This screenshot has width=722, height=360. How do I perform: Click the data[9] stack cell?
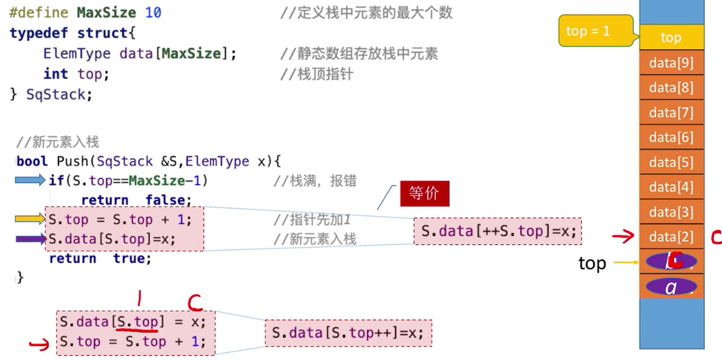point(671,63)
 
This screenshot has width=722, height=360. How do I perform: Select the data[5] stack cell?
point(671,163)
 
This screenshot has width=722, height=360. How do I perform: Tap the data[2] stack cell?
point(671,237)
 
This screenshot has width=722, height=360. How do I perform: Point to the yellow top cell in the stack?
point(671,38)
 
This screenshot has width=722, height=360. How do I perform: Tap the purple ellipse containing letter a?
point(671,286)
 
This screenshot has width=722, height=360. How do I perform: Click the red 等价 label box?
point(424,194)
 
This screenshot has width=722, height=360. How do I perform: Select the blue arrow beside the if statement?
point(30,180)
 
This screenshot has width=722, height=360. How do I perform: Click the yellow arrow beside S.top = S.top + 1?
point(30,219)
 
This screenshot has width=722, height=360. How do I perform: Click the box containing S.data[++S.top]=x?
point(498,231)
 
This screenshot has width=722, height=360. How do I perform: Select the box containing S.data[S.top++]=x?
point(348,333)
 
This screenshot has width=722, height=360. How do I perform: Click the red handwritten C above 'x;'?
point(195,303)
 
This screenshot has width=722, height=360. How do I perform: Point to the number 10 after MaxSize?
point(153,13)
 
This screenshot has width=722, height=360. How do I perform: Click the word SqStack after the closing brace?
point(56,94)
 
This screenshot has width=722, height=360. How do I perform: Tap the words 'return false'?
point(136,200)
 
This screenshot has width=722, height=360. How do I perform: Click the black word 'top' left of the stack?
point(592,263)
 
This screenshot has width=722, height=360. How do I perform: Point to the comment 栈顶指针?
point(324,74)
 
